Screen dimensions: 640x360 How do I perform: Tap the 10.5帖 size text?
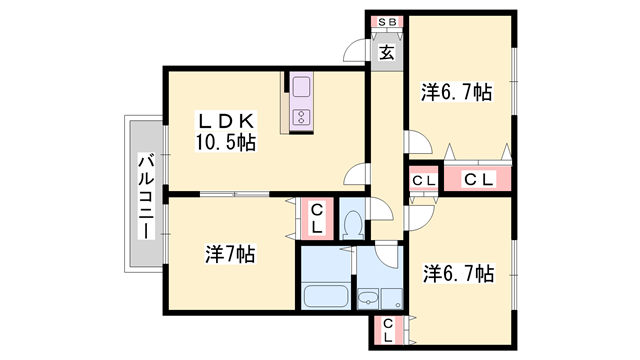pyautogui.click(x=225, y=142)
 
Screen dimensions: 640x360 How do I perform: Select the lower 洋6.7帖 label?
pyautogui.click(x=457, y=272)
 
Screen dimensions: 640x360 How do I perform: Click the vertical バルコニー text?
pyautogui.click(x=146, y=195)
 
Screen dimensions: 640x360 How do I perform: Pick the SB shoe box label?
pyautogui.click(x=385, y=21)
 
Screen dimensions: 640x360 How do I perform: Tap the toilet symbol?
pyautogui.click(x=351, y=222)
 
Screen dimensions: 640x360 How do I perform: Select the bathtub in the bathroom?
pyautogui.click(x=324, y=297)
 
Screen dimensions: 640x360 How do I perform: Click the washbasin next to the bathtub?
pyautogui.click(x=368, y=297)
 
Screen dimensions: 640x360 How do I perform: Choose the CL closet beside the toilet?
pyautogui.click(x=314, y=218)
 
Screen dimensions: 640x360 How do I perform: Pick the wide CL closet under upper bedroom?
pyautogui.click(x=477, y=180)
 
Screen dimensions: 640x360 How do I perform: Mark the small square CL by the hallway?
pyautogui.click(x=422, y=180)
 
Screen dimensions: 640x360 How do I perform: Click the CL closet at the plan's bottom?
pyautogui.click(x=386, y=329)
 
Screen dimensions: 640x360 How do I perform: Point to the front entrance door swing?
pyautogui.click(x=356, y=50)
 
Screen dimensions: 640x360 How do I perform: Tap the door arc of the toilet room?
pyautogui.click(x=378, y=210)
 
